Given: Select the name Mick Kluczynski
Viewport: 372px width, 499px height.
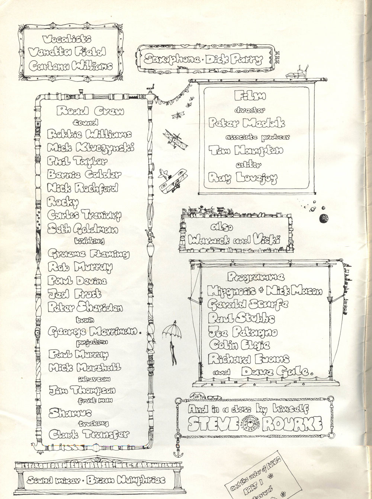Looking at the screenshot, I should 91,148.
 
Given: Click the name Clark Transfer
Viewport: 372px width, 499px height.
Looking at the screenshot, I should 89,434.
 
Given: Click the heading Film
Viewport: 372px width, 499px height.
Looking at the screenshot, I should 250,96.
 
